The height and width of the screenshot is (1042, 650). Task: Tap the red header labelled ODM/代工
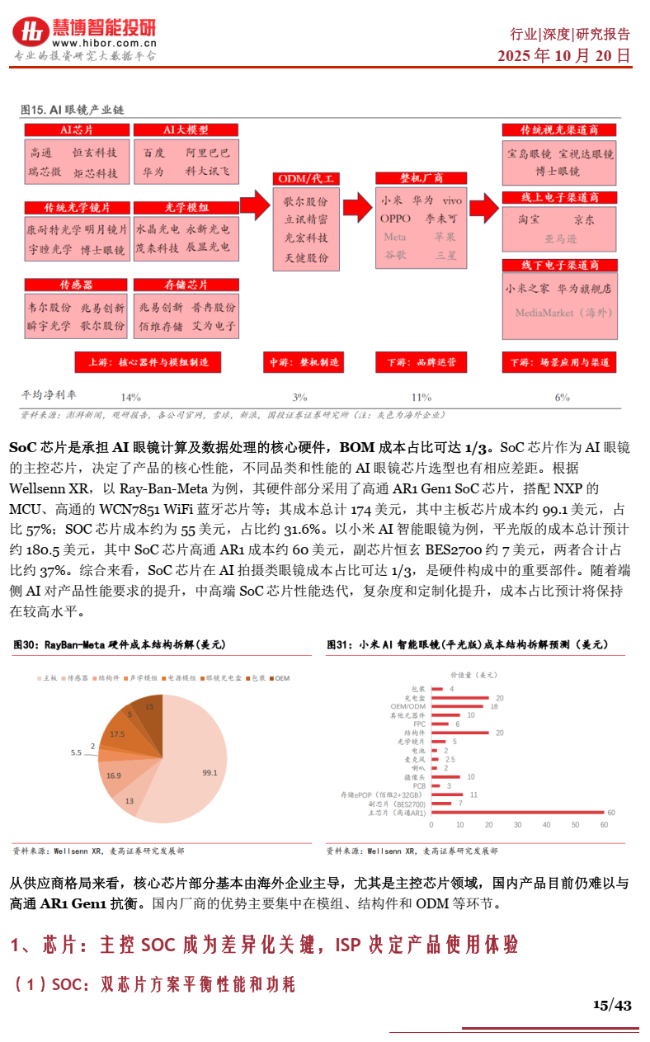[x=306, y=178]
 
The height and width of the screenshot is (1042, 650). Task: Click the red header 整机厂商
[x=422, y=178]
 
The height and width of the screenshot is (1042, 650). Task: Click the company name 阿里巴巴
[x=208, y=153]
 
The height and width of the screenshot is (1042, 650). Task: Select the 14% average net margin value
[x=130, y=397]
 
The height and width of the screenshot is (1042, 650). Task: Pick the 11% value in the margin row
[x=421, y=397]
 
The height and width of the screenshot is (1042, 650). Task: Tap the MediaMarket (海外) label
[x=564, y=314]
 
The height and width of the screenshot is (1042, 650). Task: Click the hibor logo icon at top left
[x=31, y=31]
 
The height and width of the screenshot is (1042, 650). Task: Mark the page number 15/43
[x=612, y=1005]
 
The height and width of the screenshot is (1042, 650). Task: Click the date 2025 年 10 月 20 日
[x=563, y=56]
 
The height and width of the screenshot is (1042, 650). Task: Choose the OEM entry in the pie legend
[x=279, y=678]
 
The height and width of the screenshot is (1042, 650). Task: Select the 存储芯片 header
[x=186, y=285]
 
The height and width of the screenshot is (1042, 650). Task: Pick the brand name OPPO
[x=395, y=219]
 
